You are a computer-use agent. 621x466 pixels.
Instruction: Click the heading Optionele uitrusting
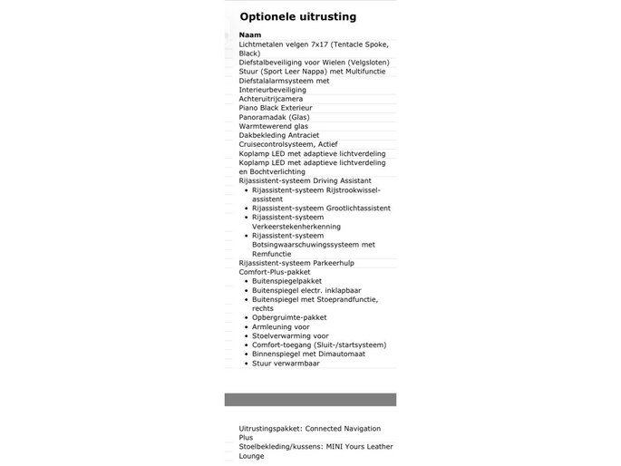coord(297,16)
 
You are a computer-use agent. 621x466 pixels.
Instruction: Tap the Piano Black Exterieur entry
coord(275,108)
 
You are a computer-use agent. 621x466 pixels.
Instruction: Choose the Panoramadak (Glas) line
coord(274,117)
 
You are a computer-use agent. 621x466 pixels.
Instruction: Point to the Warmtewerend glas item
coord(267,126)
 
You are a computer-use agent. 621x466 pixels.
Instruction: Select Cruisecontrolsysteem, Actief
coord(287,144)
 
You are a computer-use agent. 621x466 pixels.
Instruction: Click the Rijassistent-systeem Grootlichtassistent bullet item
coord(321,208)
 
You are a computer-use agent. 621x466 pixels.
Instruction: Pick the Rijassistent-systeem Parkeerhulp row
coord(296,263)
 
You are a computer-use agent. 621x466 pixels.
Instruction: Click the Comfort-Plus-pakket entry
coord(274,272)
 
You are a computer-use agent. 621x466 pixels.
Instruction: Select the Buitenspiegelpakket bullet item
coord(286,281)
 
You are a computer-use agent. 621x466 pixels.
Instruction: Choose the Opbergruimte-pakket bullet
coord(289,317)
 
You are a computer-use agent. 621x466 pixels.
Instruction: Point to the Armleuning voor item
coord(280,326)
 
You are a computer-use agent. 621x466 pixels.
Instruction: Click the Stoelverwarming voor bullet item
coord(290,335)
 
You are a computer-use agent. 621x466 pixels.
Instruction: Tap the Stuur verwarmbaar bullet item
coord(286,363)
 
